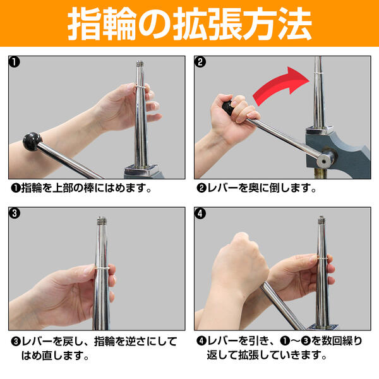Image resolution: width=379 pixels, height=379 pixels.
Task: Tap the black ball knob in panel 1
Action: (31, 142)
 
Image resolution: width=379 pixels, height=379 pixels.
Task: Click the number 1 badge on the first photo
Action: (15, 62)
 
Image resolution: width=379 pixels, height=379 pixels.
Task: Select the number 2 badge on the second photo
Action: (200, 62)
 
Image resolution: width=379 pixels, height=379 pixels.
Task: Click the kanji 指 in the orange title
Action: (88, 24)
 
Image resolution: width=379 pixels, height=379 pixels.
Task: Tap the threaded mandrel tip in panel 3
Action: (102, 222)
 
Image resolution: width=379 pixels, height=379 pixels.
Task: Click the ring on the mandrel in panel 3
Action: (102, 269)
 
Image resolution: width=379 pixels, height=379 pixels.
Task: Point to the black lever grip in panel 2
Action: (229, 107)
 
